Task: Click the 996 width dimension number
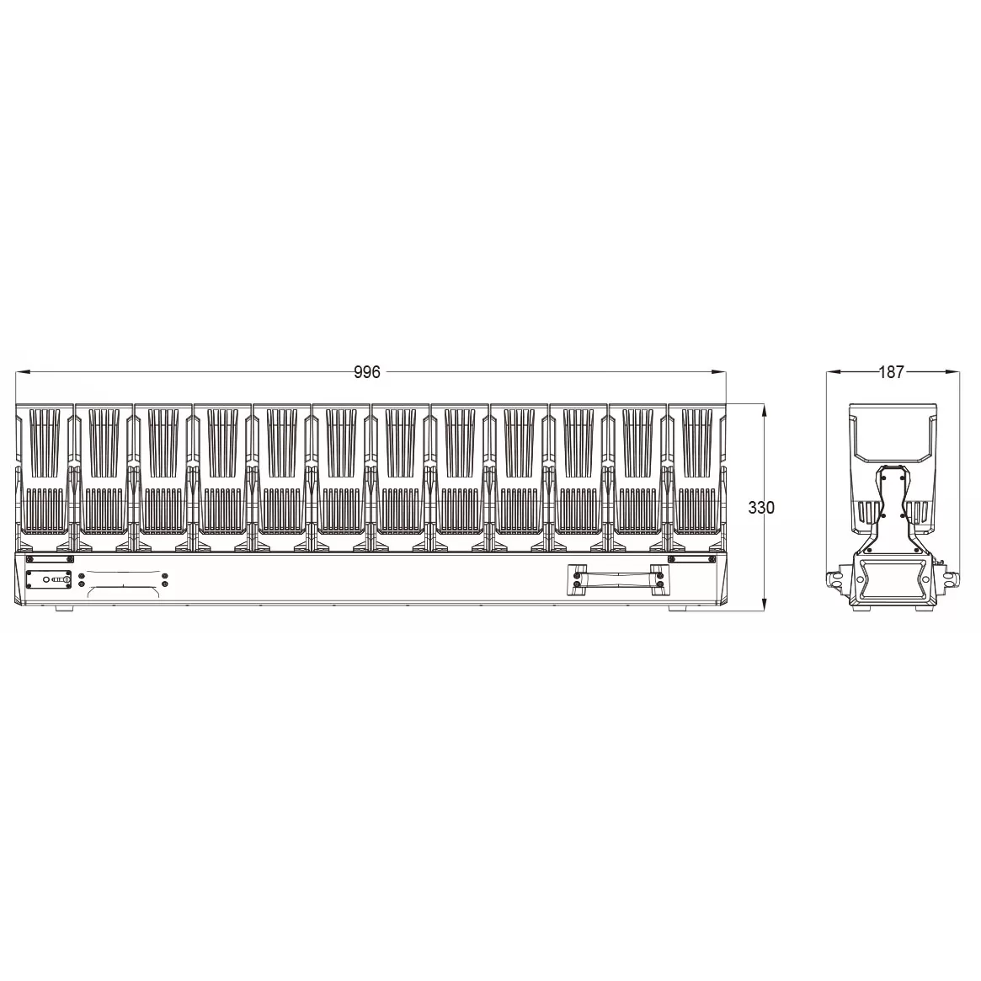click(366, 372)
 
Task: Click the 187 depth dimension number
click(891, 372)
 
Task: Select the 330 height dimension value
click(760, 508)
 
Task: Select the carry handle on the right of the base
click(617, 579)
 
